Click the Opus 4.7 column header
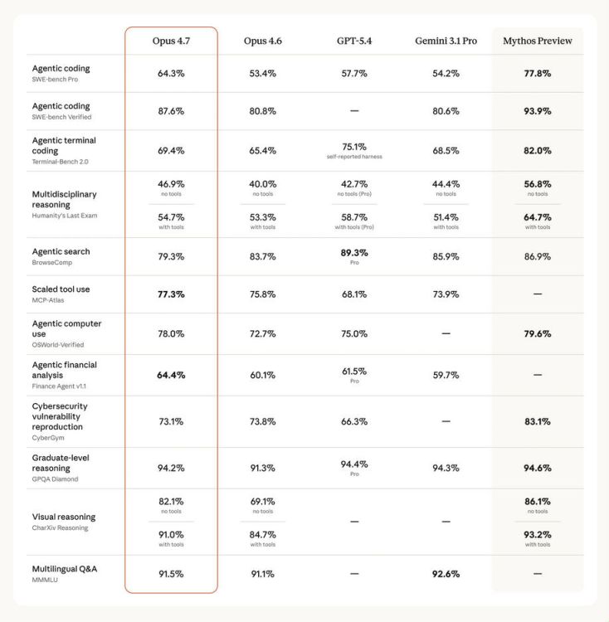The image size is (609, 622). point(171,41)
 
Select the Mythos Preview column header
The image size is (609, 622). point(537,41)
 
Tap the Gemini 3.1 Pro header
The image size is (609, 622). point(446,41)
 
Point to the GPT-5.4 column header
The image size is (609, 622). point(353,41)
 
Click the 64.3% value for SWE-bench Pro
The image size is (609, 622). point(171,73)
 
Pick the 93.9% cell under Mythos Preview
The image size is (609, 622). point(537,111)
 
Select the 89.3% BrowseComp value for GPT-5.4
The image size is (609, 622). point(354,253)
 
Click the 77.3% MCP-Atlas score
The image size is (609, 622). point(171,294)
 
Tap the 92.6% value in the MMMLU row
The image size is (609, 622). point(446,574)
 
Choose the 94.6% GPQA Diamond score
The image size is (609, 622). point(537,468)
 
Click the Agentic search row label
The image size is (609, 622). point(61,251)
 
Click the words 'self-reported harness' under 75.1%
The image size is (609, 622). point(354,157)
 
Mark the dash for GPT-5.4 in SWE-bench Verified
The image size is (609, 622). point(354,111)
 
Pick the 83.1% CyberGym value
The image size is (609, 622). point(537,421)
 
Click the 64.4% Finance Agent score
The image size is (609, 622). point(171,375)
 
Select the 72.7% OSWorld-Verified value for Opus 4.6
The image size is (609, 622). point(262,333)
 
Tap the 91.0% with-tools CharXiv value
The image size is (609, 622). point(171,535)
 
